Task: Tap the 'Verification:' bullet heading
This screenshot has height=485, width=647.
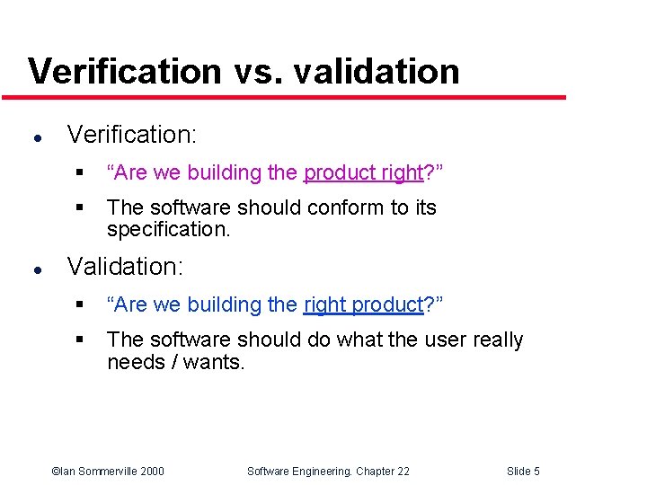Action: point(132,135)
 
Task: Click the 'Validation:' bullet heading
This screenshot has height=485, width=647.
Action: point(125,267)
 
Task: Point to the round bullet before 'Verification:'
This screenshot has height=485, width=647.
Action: point(34,137)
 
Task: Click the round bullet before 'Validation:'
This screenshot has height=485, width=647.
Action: point(34,269)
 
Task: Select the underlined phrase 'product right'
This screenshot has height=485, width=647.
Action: point(363,172)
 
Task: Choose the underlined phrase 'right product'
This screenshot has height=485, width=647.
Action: point(363,304)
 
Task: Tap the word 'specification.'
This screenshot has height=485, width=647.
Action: point(169,229)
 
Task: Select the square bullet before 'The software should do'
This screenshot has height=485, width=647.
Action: point(79,340)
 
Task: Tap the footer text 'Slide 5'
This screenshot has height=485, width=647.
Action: point(523,472)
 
